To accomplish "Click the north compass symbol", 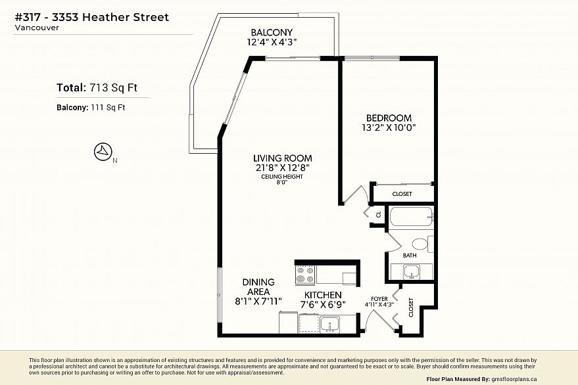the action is pos(103,152).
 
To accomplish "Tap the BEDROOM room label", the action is pos(389,118).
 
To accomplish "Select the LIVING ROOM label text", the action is pos(282,158).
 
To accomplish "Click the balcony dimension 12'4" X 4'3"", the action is pos(272,42).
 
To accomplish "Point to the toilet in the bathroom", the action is pos(423,244).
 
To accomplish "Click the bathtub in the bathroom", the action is pos(411,217).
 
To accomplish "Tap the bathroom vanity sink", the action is pos(411,272).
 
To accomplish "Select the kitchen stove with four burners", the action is pos(305,275).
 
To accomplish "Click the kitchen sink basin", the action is pos(329,325).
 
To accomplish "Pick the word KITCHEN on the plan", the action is pos(323,295).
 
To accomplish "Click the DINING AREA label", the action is pos(258,287).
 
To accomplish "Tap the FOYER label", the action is pos(379,299).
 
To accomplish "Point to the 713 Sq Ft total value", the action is pos(113,87).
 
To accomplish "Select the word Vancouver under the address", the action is pos(37,28).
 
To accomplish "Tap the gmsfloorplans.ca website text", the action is pos(514,379).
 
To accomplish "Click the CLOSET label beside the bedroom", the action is pos(402,194).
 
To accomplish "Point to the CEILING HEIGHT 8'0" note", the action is pos(282,179).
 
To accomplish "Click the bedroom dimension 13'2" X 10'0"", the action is pos(389,128).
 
